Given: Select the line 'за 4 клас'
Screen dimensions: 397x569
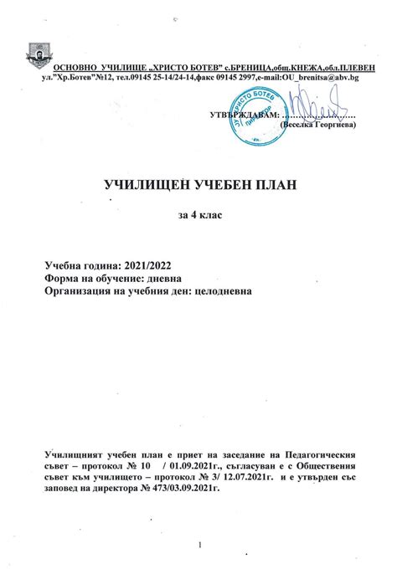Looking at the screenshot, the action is point(199,216).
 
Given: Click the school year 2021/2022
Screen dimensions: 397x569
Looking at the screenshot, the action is point(162,264).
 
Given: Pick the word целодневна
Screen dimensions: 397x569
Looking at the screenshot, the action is point(220,291).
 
